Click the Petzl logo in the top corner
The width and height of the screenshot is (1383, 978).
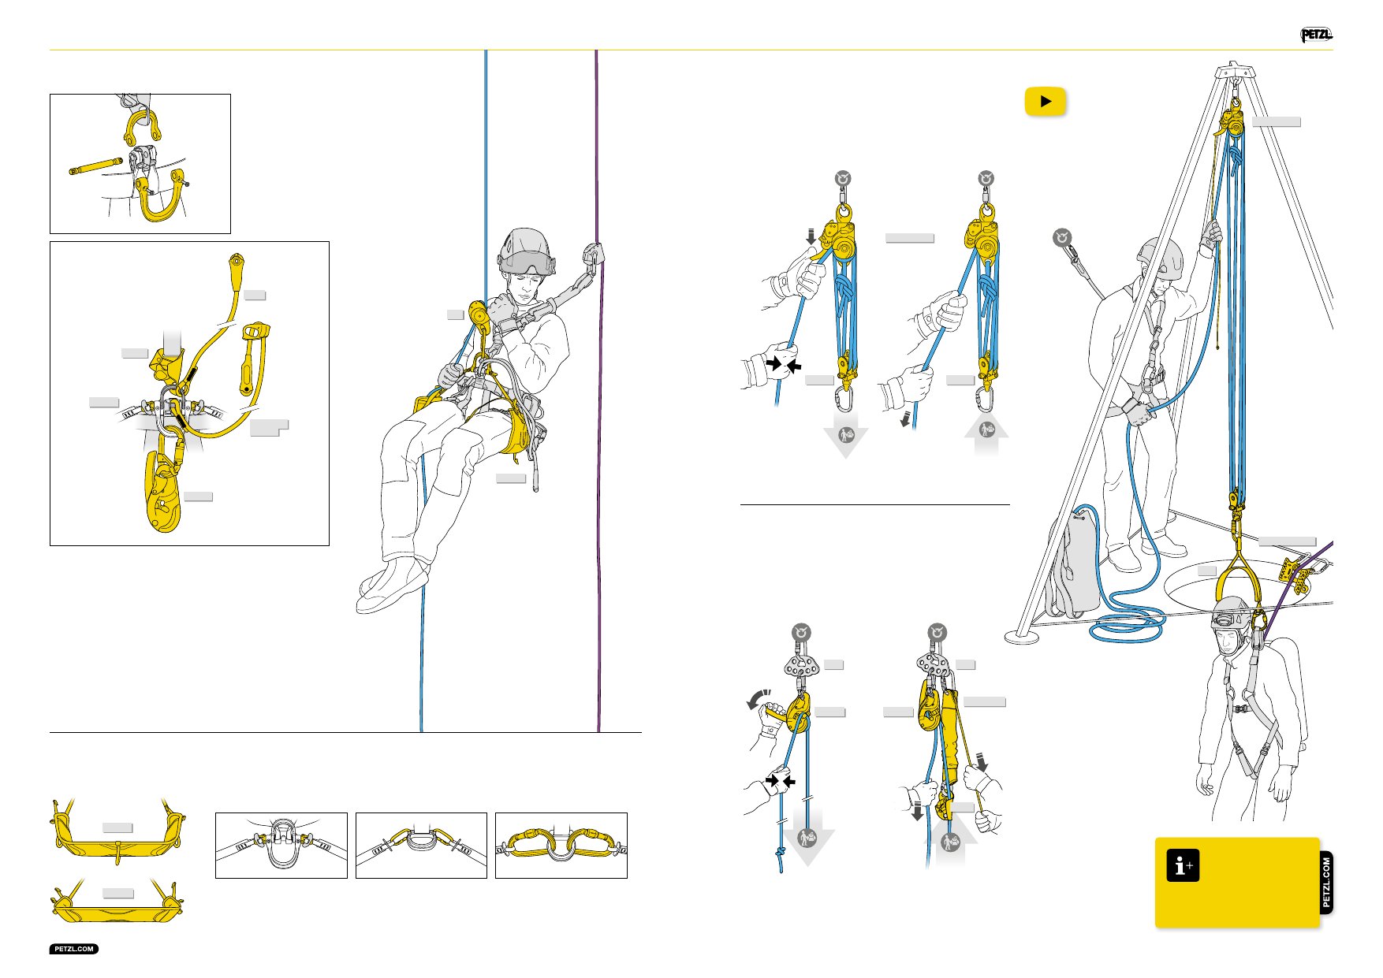point(1316,35)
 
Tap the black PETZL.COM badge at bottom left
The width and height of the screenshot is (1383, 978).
point(74,949)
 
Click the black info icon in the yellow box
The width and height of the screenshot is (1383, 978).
point(1183,865)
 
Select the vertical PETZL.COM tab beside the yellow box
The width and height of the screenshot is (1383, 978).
point(1326,883)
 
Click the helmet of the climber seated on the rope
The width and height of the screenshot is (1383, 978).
point(524,251)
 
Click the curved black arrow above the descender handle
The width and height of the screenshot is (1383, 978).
point(759,697)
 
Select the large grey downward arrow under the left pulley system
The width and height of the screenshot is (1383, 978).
point(846,440)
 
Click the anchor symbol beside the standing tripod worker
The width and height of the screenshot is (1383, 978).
point(1064,237)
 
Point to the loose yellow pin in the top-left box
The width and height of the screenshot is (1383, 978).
point(95,166)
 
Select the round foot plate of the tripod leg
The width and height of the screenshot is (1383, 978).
point(1022,636)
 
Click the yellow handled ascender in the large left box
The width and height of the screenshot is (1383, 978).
point(254,358)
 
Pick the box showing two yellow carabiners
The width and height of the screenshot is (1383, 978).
point(561,845)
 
